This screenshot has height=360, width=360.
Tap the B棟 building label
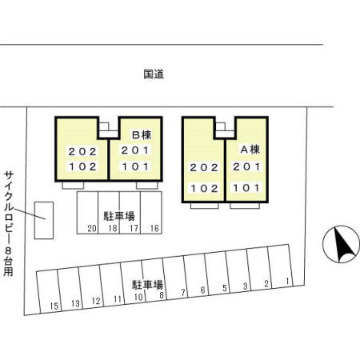(x=142, y=134)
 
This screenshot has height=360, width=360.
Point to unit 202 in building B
(x=82, y=151)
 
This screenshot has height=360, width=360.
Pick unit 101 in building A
(x=246, y=188)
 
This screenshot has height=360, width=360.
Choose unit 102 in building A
(x=204, y=190)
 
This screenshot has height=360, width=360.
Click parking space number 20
(x=92, y=228)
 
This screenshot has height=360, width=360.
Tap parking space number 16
(x=155, y=228)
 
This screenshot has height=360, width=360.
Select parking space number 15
(x=54, y=306)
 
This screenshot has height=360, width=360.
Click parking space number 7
(x=183, y=291)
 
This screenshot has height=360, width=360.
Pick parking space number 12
(x=96, y=302)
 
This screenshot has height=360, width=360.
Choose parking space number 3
(x=246, y=285)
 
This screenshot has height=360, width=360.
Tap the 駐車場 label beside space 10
(x=147, y=285)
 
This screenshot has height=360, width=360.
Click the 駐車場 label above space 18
(x=119, y=216)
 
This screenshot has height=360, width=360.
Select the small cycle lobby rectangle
(x=44, y=221)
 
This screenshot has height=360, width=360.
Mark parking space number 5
(x=225, y=287)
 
